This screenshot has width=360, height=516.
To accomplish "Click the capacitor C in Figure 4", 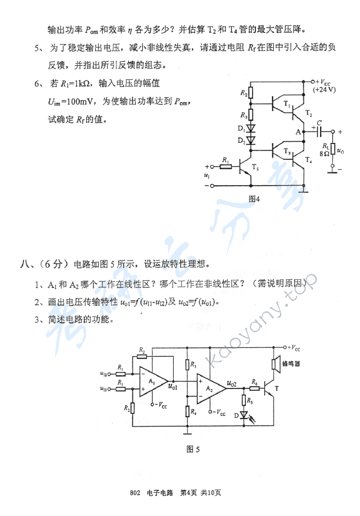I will click(x=319, y=132).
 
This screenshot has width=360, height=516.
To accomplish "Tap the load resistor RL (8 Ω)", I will click(x=333, y=149).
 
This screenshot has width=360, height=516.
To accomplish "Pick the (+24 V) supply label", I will click(x=324, y=90).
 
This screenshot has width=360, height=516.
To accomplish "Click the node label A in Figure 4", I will click(x=298, y=132).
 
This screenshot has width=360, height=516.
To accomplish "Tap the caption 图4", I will click(x=254, y=199).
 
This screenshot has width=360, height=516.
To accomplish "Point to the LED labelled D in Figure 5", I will click(x=244, y=414).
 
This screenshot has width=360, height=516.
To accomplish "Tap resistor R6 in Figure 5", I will click(x=254, y=386).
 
